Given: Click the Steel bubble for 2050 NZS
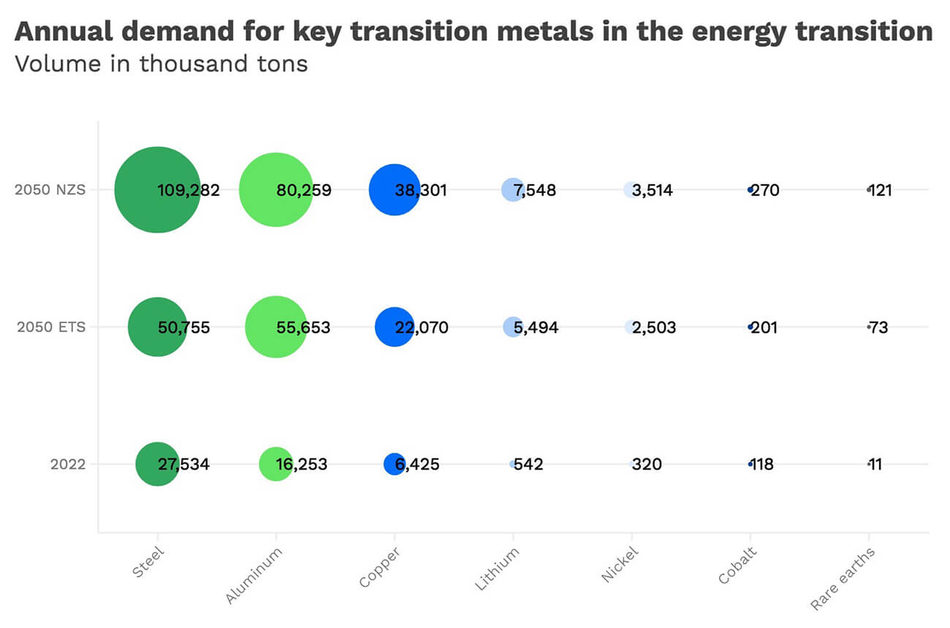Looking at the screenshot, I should [139, 190].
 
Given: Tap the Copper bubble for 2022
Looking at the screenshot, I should [391, 464].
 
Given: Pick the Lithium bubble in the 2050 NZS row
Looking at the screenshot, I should [510, 189].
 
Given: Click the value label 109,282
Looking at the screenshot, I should [189, 191].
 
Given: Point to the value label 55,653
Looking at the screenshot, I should [303, 328].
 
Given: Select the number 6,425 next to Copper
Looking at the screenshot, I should [418, 464].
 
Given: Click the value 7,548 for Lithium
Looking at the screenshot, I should [535, 191].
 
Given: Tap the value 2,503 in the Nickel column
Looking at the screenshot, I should [654, 328].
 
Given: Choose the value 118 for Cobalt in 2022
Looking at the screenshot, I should [762, 464].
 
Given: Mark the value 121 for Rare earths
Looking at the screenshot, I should [881, 191].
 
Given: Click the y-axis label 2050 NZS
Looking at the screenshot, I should [50, 190].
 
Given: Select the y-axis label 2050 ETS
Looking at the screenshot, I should [51, 327].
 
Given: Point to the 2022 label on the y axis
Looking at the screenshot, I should [68, 464].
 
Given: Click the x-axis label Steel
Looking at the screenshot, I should [148, 564].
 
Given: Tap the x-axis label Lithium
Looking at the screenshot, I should [498, 568].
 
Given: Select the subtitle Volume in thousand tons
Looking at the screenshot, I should [161, 64].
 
